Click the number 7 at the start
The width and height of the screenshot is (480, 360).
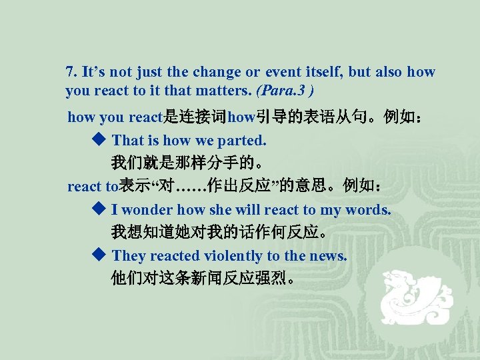coord(69,72)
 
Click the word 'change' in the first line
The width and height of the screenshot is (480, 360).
coord(214,72)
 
